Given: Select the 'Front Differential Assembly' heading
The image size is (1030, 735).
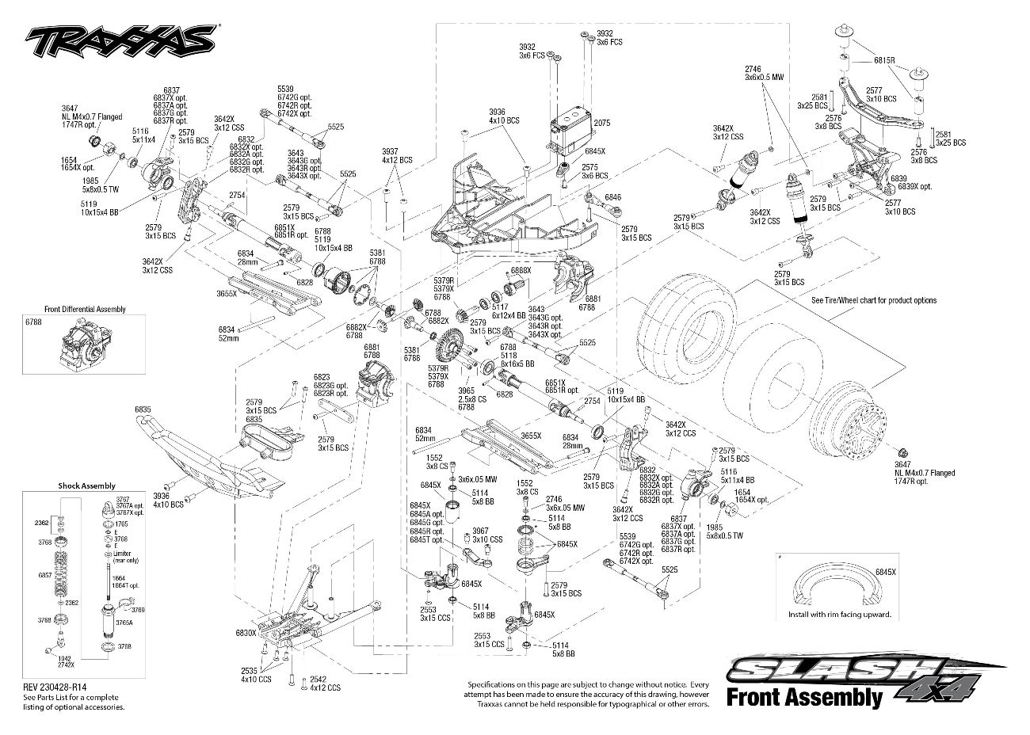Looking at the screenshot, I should (85, 310).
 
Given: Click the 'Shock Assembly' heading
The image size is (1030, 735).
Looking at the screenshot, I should (86, 486).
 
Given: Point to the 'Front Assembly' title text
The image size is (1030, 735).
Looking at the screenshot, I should (803, 697).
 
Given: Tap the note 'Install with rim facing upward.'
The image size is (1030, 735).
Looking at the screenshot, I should (840, 615).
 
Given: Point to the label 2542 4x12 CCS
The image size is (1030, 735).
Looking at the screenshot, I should (324, 684).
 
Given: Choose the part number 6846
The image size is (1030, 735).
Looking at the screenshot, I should (613, 196).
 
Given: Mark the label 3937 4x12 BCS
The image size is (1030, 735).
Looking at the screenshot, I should (396, 155).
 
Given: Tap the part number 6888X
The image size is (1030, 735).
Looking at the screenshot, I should (521, 271).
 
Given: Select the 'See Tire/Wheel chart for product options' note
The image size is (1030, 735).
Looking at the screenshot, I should (873, 300).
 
